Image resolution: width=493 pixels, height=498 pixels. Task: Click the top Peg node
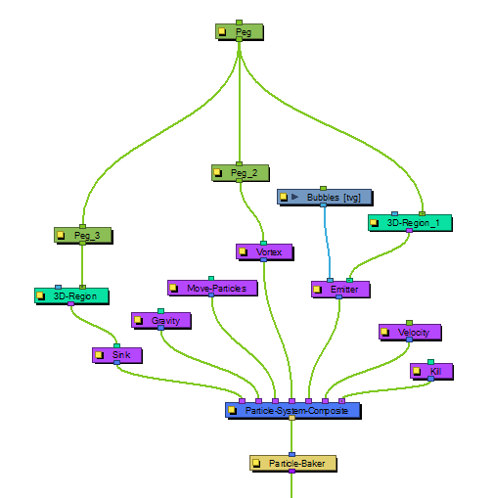click(240, 31)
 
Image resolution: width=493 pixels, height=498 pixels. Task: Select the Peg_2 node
click(241, 172)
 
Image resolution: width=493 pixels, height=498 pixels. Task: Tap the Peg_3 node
click(83, 235)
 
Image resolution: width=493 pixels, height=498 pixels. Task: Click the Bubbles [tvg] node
click(325, 197)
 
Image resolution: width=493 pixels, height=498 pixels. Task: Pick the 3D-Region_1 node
click(410, 223)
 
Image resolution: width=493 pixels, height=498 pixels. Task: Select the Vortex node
click(264, 251)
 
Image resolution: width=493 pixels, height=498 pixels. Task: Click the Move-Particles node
click(212, 288)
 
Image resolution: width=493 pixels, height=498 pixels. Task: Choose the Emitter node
click(340, 290)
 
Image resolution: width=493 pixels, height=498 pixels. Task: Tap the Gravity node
click(161, 321)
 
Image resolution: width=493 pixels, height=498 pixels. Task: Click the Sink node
click(117, 355)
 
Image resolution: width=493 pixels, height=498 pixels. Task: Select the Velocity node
click(410, 332)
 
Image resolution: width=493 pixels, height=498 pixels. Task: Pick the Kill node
click(431, 371)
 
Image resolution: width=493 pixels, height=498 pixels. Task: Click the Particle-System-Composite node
click(293, 410)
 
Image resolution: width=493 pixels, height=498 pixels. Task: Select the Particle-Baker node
click(293, 463)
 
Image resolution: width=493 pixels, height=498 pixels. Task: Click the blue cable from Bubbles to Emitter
click(327, 243)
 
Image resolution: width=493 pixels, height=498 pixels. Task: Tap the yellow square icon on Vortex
click(243, 251)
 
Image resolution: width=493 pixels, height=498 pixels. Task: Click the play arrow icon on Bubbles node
click(294, 197)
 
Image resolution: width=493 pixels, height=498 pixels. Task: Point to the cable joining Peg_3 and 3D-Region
click(82, 265)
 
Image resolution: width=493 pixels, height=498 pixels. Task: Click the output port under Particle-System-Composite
click(291, 418)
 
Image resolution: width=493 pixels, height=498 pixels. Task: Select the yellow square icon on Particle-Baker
click(256, 463)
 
